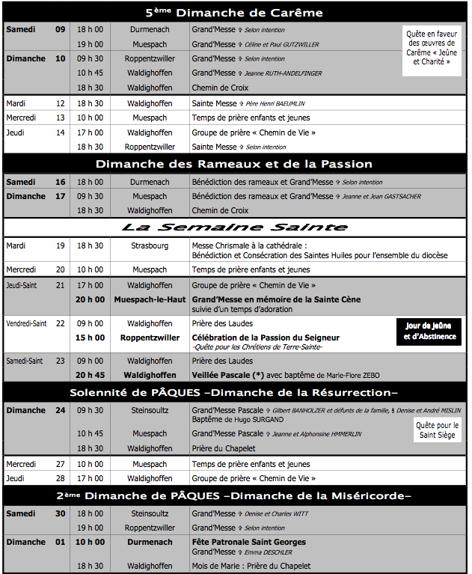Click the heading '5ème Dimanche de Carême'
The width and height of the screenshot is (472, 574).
pyautogui.click(x=234, y=12)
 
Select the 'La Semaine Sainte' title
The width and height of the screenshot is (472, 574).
pyautogui.click(x=234, y=227)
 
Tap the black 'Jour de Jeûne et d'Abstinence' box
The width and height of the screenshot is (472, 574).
pyautogui.click(x=428, y=331)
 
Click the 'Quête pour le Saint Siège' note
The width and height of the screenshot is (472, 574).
pyautogui.click(x=438, y=430)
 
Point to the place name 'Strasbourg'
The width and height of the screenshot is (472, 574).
pyautogui.click(x=150, y=245)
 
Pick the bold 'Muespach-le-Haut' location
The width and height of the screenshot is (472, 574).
pyautogui.click(x=150, y=299)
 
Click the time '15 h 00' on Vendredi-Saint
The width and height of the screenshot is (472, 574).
pyautogui.click(x=90, y=338)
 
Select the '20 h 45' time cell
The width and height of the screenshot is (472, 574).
pyautogui.click(x=90, y=375)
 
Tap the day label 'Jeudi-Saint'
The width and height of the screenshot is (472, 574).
pyautogui.click(x=25, y=285)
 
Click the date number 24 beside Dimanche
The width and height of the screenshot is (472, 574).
pyautogui.click(x=60, y=410)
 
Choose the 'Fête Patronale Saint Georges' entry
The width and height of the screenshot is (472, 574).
pyautogui.click(x=249, y=542)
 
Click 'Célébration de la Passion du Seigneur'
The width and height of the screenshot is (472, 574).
pyautogui.click(x=266, y=338)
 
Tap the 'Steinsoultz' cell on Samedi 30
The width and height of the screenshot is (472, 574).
pyautogui.click(x=150, y=513)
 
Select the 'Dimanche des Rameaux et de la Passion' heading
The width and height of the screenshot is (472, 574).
pyautogui.click(x=234, y=164)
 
